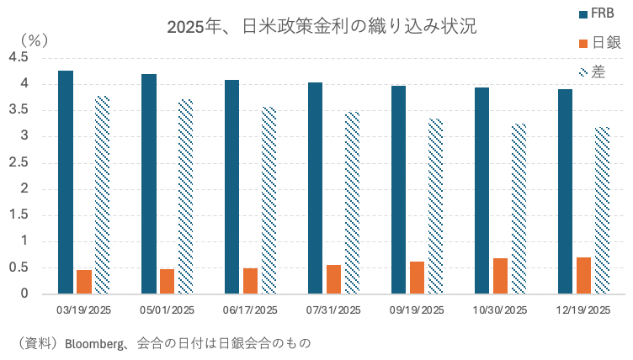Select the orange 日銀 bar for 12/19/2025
584,276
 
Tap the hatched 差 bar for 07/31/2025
352,203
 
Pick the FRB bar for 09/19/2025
399,190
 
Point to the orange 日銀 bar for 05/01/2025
167,282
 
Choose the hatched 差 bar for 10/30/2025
519,209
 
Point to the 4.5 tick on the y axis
19,57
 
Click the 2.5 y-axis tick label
19,162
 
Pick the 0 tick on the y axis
25,294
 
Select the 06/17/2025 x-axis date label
250,310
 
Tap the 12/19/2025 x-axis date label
583,310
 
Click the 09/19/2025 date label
417,310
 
